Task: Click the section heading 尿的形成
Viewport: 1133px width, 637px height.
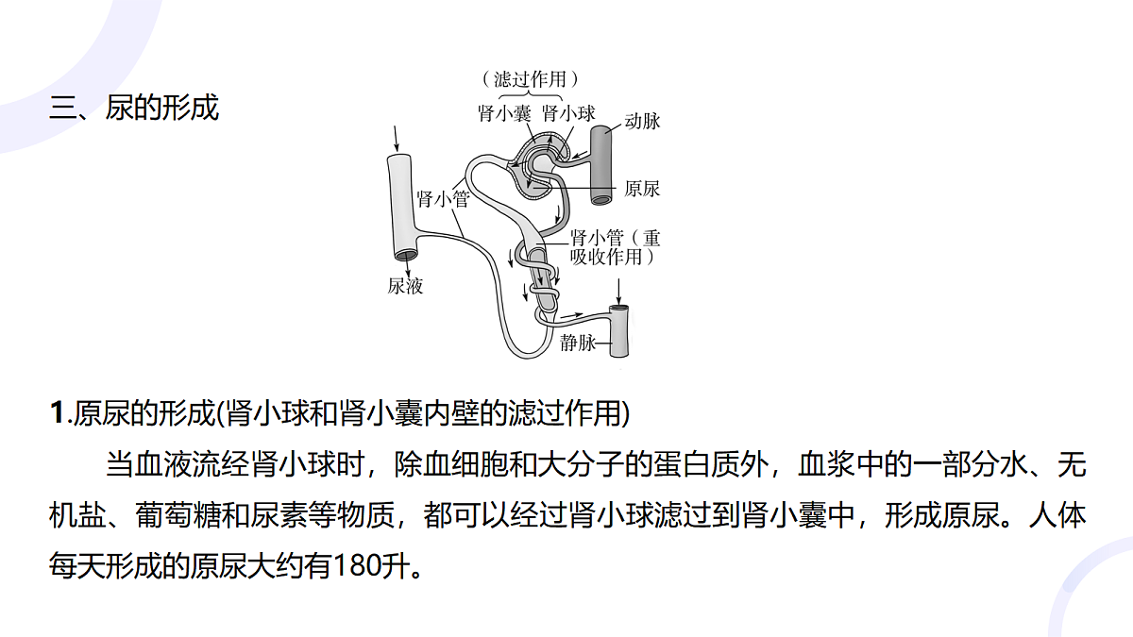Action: tap(161, 108)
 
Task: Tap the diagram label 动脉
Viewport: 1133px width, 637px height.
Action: tap(642, 122)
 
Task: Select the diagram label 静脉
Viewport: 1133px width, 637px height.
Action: tap(577, 344)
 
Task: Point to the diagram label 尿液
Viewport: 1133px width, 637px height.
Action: tap(405, 286)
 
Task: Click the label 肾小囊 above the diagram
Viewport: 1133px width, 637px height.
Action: tap(505, 113)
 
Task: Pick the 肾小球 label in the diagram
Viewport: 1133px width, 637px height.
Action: tap(569, 113)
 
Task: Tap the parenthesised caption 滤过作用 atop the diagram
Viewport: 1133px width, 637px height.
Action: tap(530, 79)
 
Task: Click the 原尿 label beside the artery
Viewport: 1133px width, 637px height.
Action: tap(642, 189)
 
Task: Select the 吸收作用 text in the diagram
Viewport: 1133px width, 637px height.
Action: tap(606, 258)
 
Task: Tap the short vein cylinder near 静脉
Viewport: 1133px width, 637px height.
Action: tap(619, 331)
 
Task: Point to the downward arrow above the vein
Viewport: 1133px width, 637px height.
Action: tap(618, 292)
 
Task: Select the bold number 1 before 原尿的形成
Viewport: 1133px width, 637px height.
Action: tap(58, 413)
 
